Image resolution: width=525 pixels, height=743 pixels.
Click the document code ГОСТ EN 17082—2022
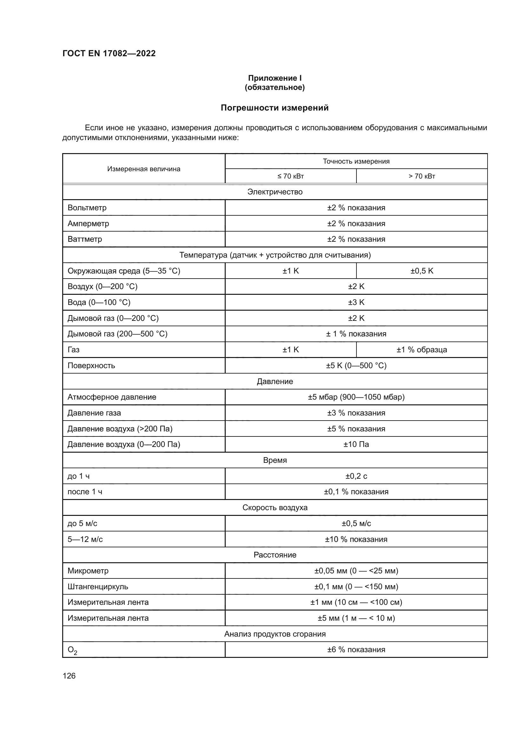tap(109, 53)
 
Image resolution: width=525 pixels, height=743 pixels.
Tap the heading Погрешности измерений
tap(275, 108)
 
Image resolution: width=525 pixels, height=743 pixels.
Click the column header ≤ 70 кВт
tap(290, 176)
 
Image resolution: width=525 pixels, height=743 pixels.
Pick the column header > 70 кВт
tap(422, 176)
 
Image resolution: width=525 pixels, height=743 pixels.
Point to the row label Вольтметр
tap(87, 208)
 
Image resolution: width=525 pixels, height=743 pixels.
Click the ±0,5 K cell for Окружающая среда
tap(422, 271)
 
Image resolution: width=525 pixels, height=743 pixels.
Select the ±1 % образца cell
tap(422, 349)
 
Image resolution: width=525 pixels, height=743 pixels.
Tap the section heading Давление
tap(275, 381)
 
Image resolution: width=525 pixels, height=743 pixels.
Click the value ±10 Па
tap(356, 444)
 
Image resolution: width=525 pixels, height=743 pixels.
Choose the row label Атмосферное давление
tap(112, 397)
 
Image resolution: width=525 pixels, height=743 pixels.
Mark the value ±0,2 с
tap(356, 476)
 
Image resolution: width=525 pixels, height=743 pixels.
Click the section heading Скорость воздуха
tap(275, 507)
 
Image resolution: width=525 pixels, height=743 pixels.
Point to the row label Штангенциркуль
tap(98, 587)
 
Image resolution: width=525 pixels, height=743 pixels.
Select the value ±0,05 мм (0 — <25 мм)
tap(356, 571)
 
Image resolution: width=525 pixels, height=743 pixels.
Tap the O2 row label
tap(72, 650)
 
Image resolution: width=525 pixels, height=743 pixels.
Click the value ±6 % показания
tap(356, 650)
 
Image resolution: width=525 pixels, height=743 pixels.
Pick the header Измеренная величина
tap(144, 169)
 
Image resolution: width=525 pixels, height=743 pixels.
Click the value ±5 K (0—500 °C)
tap(356, 365)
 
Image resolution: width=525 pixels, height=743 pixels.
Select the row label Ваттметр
tap(85, 239)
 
